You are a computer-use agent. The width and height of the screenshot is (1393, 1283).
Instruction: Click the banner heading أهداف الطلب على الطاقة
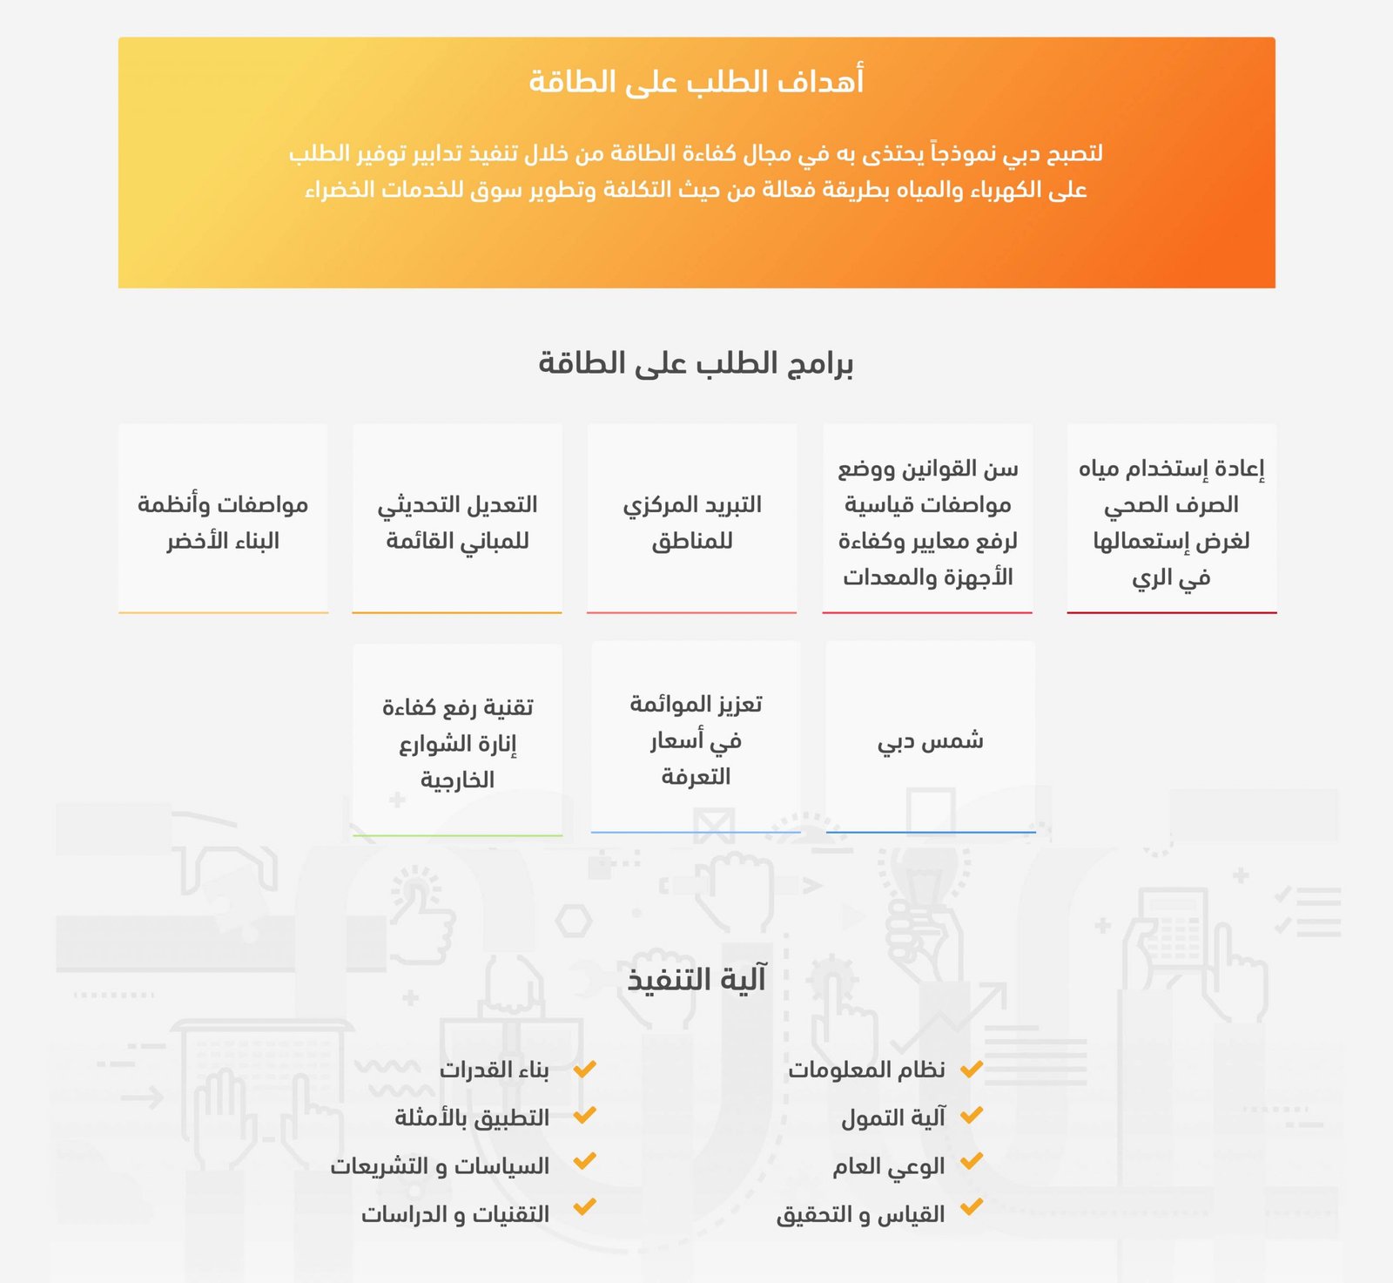(696, 82)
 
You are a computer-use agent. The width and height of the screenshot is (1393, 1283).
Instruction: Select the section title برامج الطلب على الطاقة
(696, 363)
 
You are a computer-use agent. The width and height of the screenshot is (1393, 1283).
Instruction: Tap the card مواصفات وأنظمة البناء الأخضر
(223, 522)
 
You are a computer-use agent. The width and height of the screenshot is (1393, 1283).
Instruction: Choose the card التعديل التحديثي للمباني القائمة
(457, 522)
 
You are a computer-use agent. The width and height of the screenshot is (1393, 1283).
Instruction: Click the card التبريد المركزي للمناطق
(692, 522)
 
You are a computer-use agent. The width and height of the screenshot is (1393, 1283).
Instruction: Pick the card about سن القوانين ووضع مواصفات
(927, 522)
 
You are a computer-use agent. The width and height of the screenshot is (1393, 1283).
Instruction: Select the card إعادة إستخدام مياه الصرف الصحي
(1171, 522)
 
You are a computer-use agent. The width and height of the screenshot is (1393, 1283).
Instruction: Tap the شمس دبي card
(930, 740)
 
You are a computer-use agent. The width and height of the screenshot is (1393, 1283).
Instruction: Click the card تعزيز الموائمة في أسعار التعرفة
(696, 739)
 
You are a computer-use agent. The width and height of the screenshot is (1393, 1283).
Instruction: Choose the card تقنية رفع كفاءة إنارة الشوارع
(457, 742)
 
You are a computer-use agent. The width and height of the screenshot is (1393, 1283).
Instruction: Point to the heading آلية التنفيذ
(696, 979)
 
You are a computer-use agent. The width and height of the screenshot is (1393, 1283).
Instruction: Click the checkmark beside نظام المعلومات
(972, 1068)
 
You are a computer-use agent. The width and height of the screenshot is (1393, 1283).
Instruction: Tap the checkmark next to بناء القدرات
(584, 1068)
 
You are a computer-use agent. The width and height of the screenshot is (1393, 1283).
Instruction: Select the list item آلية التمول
(893, 1118)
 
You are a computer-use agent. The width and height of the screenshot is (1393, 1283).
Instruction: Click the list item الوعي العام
(889, 1166)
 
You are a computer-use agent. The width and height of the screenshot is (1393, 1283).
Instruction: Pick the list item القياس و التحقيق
(860, 1214)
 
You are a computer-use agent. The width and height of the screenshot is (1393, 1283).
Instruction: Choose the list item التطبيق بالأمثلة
(472, 1118)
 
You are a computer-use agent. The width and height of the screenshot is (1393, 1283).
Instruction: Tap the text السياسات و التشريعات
(440, 1166)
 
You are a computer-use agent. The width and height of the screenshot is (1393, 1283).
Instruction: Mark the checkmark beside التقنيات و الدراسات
(584, 1207)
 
